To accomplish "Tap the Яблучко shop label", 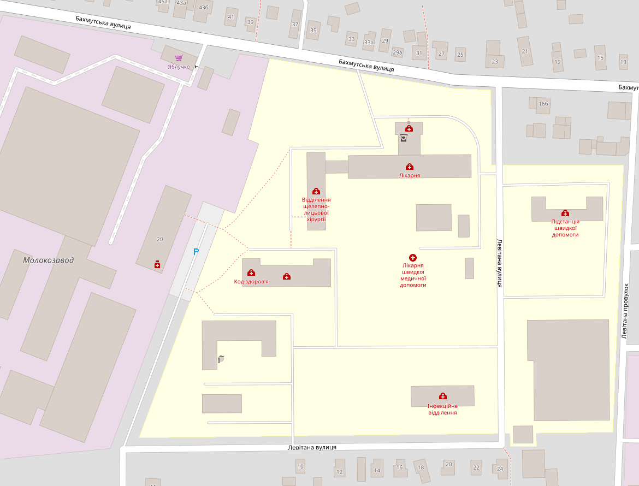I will click(x=179, y=67).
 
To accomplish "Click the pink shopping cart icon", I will click(x=179, y=58).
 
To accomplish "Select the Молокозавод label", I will click(x=49, y=260).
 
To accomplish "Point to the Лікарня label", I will click(x=409, y=175).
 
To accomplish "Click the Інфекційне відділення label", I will click(x=442, y=409).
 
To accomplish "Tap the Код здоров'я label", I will click(x=251, y=281).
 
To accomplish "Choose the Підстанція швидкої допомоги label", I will click(x=565, y=228).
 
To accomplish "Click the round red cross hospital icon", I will click(x=413, y=257).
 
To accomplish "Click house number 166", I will click(x=543, y=104).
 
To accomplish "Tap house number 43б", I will click(x=204, y=8).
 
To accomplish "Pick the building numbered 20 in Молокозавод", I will click(x=159, y=239).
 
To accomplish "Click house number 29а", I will click(x=397, y=53).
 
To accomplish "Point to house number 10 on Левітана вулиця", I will click(x=300, y=466).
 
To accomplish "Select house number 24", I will click(x=500, y=469).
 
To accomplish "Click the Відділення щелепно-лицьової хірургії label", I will click(x=316, y=209).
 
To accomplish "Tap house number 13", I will click(x=623, y=62).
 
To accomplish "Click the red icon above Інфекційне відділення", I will click(x=442, y=396).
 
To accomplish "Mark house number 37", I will click(x=295, y=25).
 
